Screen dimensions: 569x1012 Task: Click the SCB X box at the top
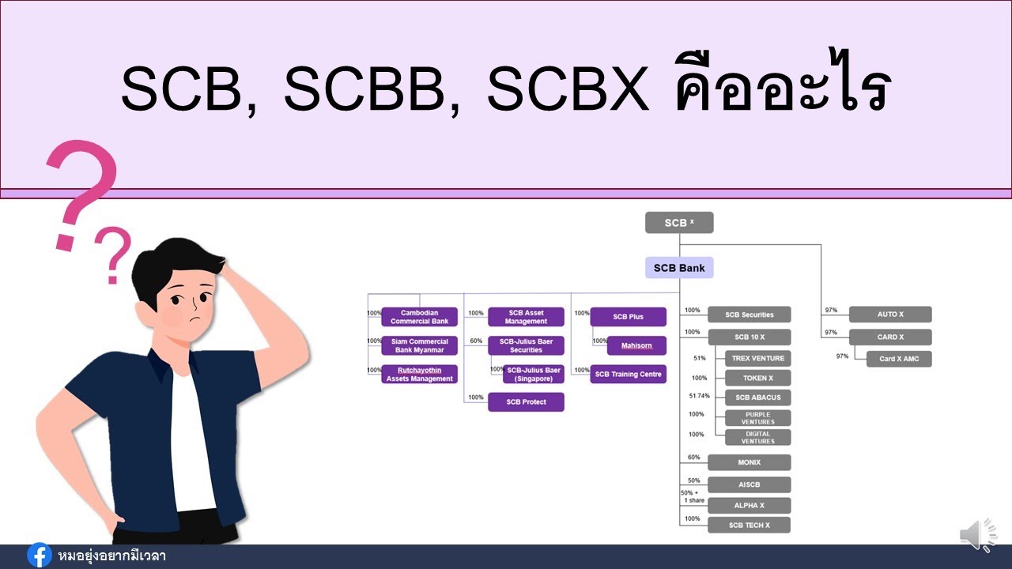pyautogui.click(x=679, y=223)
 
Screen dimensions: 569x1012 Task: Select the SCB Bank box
pyautogui.click(x=679, y=268)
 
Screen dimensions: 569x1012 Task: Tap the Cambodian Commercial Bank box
pyautogui.click(x=419, y=317)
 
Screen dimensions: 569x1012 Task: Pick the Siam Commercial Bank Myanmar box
pyautogui.click(x=419, y=345)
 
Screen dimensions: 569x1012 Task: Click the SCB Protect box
pyautogui.click(x=526, y=402)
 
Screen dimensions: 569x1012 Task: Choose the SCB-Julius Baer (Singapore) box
pyautogui.click(x=534, y=374)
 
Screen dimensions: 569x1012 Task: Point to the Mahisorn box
pyautogui.click(x=636, y=345)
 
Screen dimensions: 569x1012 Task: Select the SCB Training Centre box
pyautogui.click(x=628, y=374)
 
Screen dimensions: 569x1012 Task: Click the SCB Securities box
pyautogui.click(x=749, y=315)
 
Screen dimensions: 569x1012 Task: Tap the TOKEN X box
pyautogui.click(x=757, y=378)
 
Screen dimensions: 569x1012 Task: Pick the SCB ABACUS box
pyautogui.click(x=757, y=398)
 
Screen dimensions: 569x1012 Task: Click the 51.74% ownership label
pyautogui.click(x=699, y=396)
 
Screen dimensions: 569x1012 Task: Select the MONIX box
pyautogui.click(x=749, y=462)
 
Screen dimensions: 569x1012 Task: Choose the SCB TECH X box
pyautogui.click(x=749, y=526)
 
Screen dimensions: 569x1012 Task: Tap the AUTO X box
pyautogui.click(x=890, y=315)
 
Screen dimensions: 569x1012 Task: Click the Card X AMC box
pyautogui.click(x=898, y=359)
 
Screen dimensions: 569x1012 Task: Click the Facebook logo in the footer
pyautogui.click(x=39, y=556)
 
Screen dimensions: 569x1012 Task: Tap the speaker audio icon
pyautogui.click(x=978, y=535)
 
